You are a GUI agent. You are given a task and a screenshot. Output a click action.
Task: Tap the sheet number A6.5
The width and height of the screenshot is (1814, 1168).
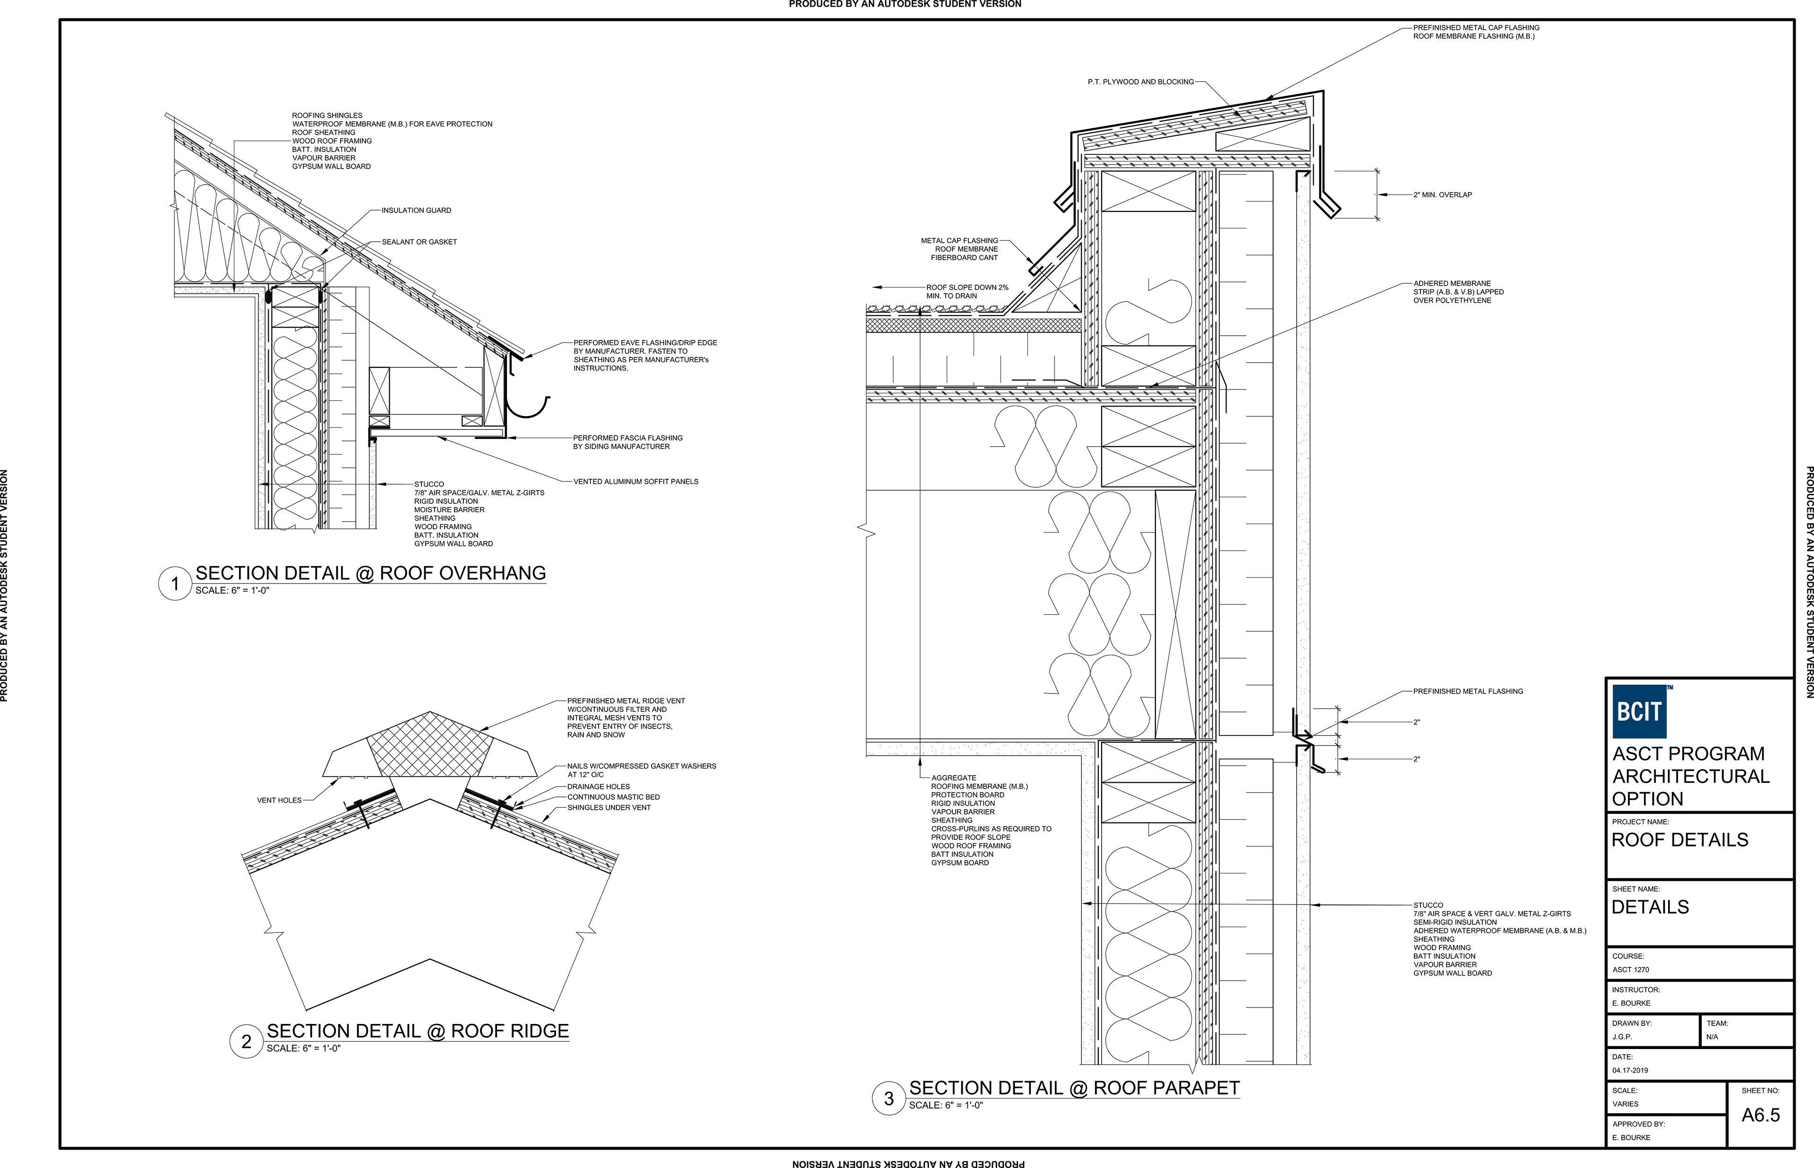[1760, 1115]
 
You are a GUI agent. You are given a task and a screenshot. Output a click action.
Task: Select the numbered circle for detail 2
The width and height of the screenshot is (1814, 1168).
[246, 1041]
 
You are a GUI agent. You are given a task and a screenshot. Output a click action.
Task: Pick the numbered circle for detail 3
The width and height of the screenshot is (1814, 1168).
[889, 1098]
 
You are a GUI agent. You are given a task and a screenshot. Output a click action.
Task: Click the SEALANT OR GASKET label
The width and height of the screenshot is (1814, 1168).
[419, 242]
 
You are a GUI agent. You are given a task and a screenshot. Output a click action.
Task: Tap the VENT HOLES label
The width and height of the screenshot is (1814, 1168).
[279, 800]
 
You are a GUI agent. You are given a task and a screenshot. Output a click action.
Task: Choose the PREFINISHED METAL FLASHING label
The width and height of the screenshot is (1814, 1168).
[1467, 692]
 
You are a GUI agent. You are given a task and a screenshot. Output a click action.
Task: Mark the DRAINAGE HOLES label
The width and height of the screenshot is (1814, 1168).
[598, 787]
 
